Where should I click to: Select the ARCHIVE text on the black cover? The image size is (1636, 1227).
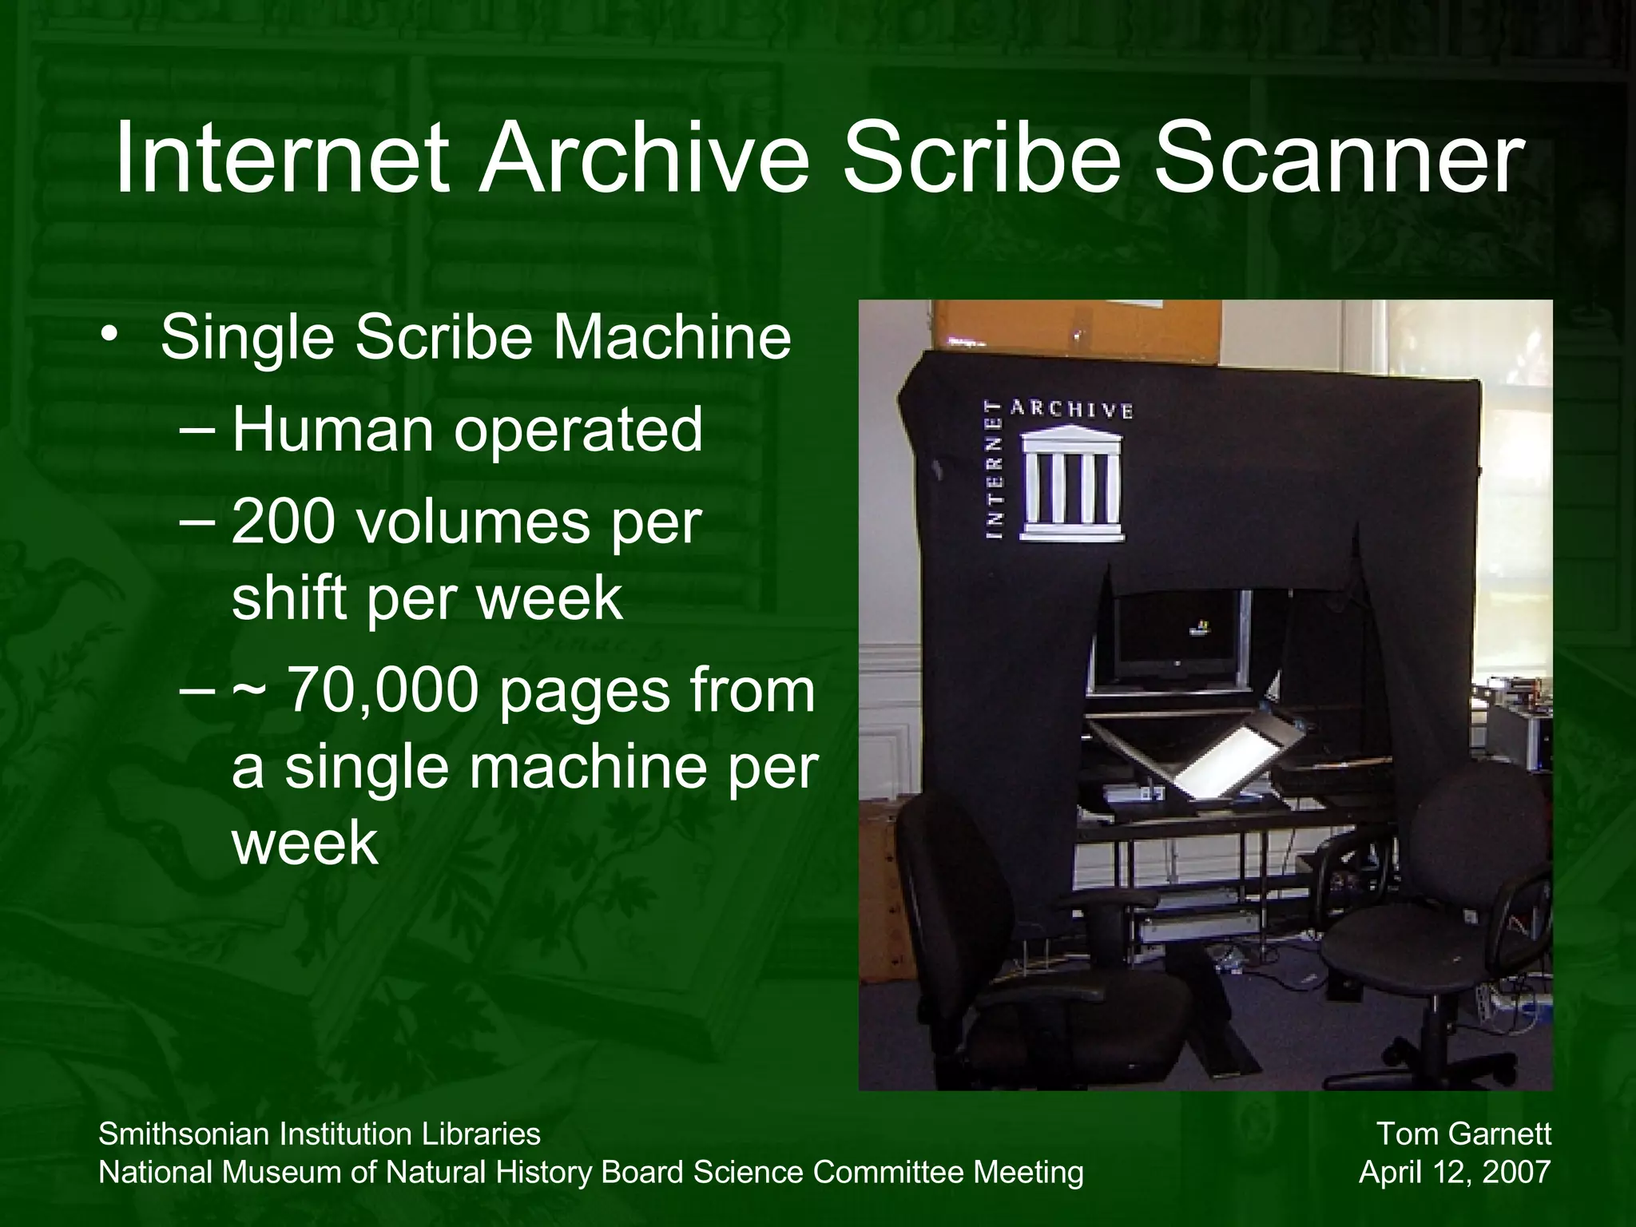pos(1071,410)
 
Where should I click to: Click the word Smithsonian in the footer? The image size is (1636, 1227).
pos(183,1134)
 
